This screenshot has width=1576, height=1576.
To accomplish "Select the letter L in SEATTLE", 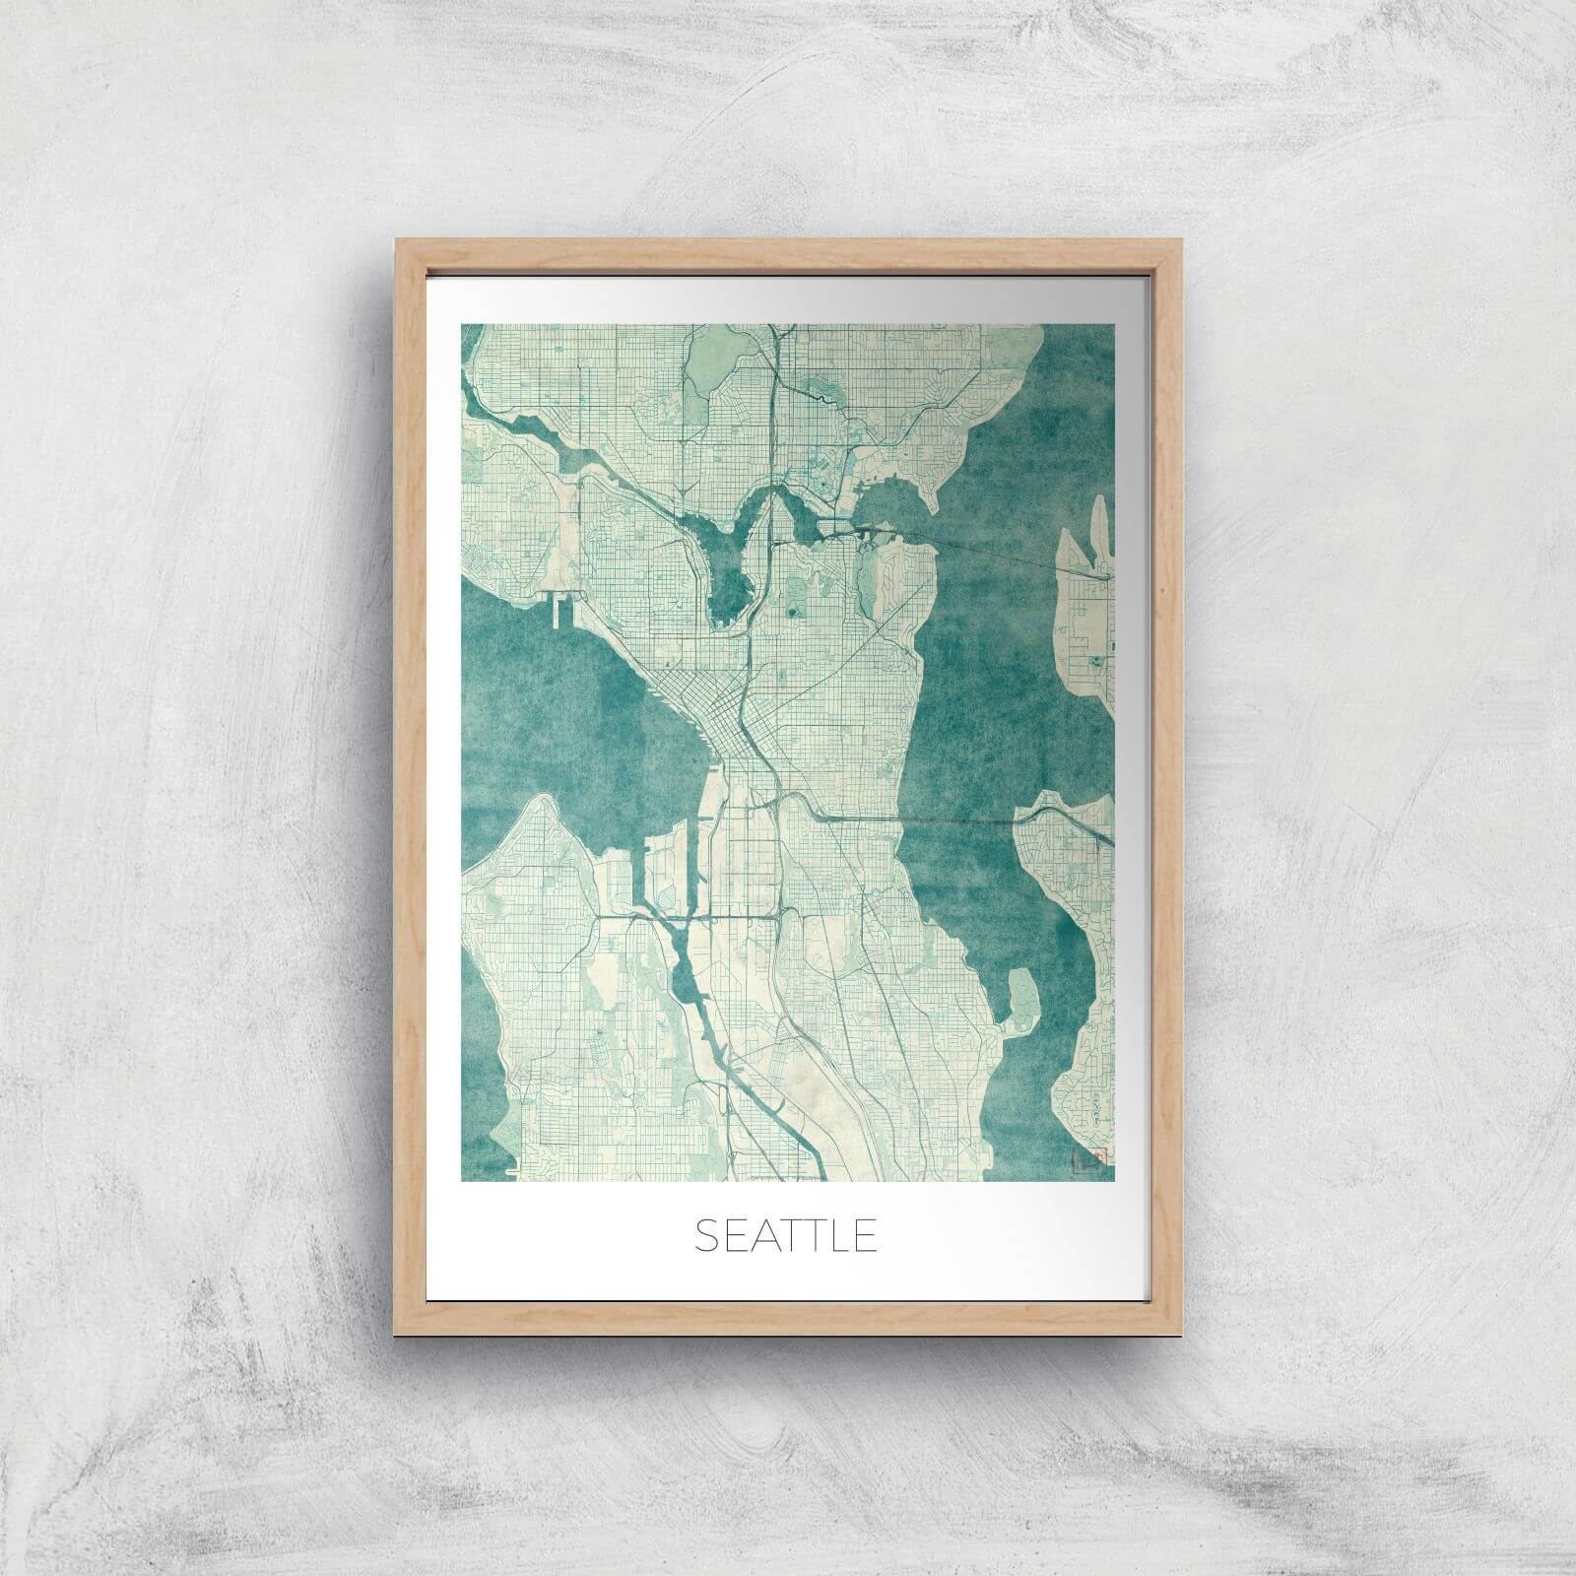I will pyautogui.click(x=835, y=1236).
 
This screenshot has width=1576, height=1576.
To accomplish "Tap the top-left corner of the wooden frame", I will pyautogui.click(x=397, y=239).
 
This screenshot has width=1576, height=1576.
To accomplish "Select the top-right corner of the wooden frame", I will pyautogui.click(x=1179, y=239).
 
